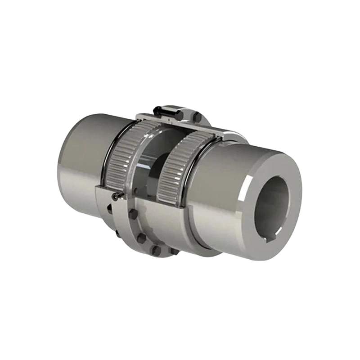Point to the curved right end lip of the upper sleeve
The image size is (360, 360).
234,135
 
